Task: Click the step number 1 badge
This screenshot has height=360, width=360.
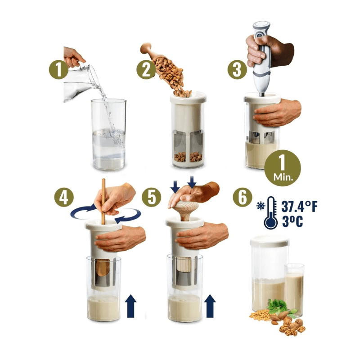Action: [58, 70]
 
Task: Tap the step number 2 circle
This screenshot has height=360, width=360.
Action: [146, 70]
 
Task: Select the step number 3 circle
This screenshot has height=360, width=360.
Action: [237, 70]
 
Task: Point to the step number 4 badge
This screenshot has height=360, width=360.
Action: [64, 197]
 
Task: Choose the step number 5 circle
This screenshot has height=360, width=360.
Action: [151, 197]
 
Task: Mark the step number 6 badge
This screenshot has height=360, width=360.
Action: [243, 197]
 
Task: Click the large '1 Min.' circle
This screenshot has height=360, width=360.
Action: [283, 168]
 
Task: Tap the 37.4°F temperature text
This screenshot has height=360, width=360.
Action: [299, 207]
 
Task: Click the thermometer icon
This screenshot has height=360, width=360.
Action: [271, 212]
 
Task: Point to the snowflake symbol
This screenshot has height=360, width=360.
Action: [261, 206]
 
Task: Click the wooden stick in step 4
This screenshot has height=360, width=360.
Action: [103, 201]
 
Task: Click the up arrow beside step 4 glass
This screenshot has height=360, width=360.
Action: [130, 306]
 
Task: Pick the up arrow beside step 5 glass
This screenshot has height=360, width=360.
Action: [210, 306]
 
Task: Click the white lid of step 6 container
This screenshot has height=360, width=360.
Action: [270, 241]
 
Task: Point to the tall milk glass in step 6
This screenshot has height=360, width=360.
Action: [294, 290]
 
